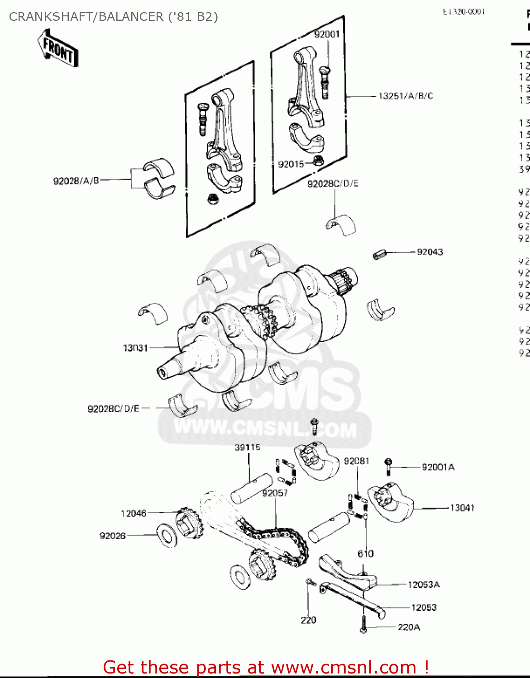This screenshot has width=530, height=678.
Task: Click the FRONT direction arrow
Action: [x=57, y=48]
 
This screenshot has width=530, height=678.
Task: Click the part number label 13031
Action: [x=135, y=348]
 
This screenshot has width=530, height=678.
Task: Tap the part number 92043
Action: [x=430, y=252]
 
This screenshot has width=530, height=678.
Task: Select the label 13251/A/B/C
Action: [x=406, y=96]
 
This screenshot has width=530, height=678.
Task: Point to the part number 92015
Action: [x=291, y=164]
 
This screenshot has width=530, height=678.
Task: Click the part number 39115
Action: [x=248, y=447]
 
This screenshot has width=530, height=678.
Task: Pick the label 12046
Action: [x=134, y=513]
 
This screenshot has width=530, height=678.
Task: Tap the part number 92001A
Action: [x=438, y=467]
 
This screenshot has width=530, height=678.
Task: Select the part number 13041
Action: [x=462, y=508]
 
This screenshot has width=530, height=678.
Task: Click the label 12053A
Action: [x=424, y=585]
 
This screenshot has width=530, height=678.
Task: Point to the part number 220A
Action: [x=409, y=627]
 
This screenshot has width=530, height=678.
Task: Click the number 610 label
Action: [x=366, y=554]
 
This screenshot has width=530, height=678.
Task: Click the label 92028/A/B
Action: [x=76, y=181]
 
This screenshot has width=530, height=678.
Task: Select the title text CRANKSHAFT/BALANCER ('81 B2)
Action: [x=113, y=17]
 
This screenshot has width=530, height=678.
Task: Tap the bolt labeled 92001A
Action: [x=388, y=466]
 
